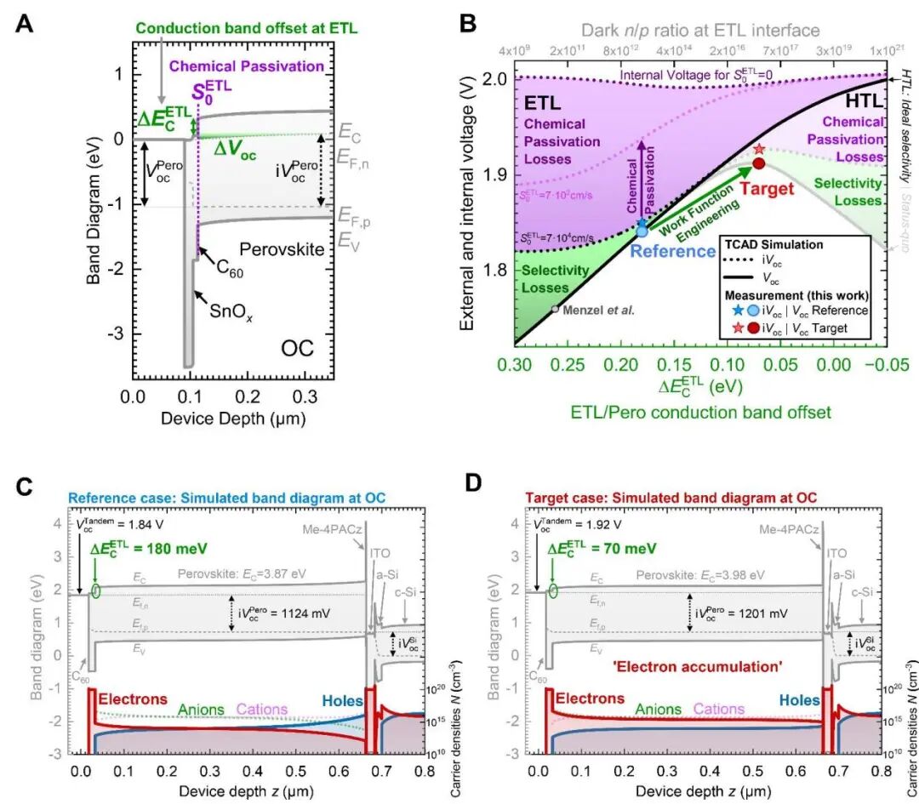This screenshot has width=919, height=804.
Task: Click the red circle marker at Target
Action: [x=758, y=163]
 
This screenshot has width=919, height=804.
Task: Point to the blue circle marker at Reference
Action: [x=642, y=231]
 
